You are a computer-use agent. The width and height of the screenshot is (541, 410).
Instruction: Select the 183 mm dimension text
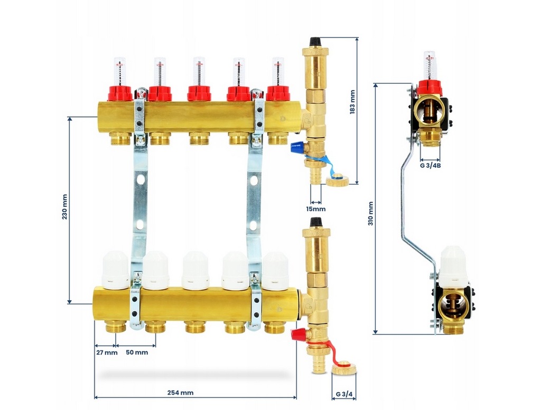pos(352,101)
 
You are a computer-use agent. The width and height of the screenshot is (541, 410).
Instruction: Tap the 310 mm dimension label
pos(370,213)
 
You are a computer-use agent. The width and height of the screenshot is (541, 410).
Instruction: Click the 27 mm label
pos(106,352)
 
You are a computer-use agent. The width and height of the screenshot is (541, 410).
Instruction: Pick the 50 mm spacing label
pos(136,352)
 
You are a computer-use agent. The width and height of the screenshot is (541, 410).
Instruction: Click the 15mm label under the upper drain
pos(316,209)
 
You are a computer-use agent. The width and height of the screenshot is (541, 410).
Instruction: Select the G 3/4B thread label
pos(431,165)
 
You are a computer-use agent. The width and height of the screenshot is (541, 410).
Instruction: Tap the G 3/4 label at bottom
pos(343,395)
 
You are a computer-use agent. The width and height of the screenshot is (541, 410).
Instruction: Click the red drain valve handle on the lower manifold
pos(298,333)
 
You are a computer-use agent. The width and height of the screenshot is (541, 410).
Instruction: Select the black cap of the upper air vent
pos(315,41)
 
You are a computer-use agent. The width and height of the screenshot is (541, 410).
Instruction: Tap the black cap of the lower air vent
pos(316,222)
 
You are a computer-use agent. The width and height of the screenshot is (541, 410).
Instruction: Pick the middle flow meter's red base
pos(199,93)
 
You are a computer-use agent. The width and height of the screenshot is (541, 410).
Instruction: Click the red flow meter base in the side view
pos(430,87)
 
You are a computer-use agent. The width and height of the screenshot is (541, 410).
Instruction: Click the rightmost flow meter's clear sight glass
pos(278,71)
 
